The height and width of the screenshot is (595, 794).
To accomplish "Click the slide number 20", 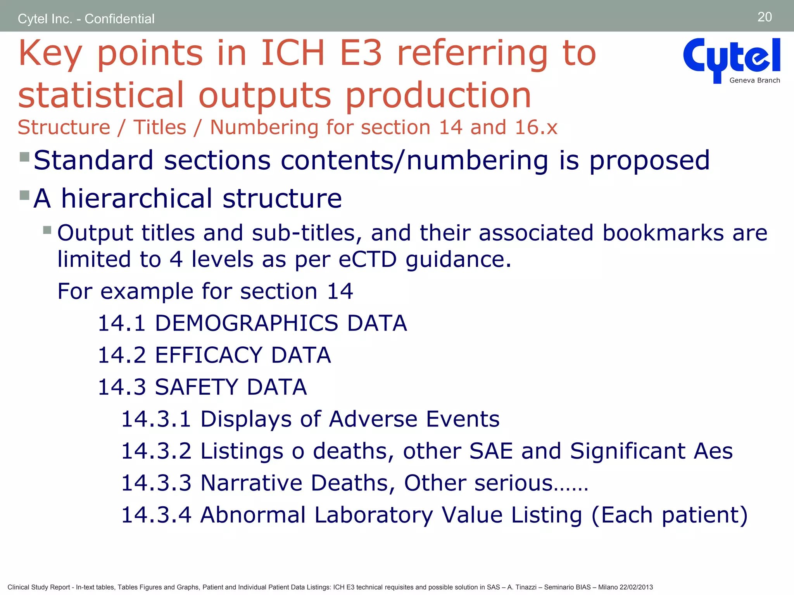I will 765,17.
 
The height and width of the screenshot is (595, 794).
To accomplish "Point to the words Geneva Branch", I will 754,81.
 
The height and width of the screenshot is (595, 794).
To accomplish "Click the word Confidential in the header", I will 119,19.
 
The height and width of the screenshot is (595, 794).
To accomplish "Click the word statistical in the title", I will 101,95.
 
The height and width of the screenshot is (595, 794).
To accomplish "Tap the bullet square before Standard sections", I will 24,157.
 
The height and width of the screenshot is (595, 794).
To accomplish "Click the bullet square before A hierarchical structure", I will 24,195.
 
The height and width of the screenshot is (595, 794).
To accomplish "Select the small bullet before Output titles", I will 47,230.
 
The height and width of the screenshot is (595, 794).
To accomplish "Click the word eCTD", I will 368,259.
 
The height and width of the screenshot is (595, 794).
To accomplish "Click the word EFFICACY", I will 209,355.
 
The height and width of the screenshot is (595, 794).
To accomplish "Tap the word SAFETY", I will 196,387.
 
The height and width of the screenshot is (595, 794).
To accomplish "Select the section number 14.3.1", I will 156,419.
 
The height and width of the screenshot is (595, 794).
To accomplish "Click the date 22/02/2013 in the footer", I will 636,587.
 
